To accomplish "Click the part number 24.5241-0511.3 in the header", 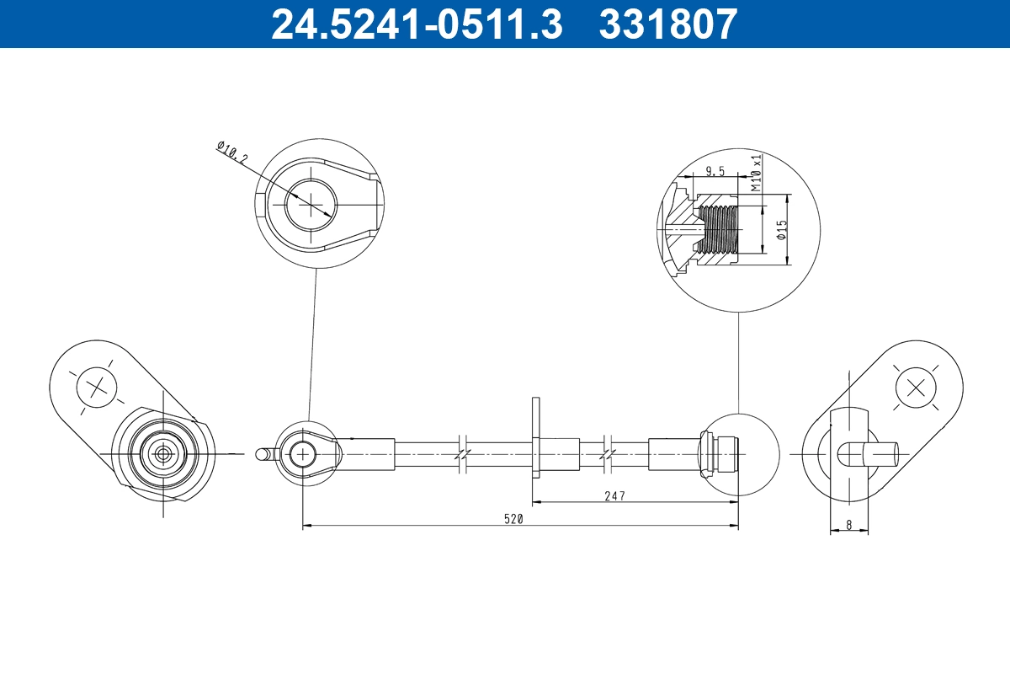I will pos(416,24).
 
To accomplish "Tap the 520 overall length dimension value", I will pos(514,519).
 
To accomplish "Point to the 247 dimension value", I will pos(614,496).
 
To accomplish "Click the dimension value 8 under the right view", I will pos(848,524).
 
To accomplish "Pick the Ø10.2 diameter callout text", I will pos(232,152).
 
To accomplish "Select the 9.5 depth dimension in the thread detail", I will pos(715,171).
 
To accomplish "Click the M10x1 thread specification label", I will pos(757,172).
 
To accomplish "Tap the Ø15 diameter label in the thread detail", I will pos(782,230).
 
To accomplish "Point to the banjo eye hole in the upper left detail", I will pos(310,203).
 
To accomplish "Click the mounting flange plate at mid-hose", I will pos(535,438).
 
